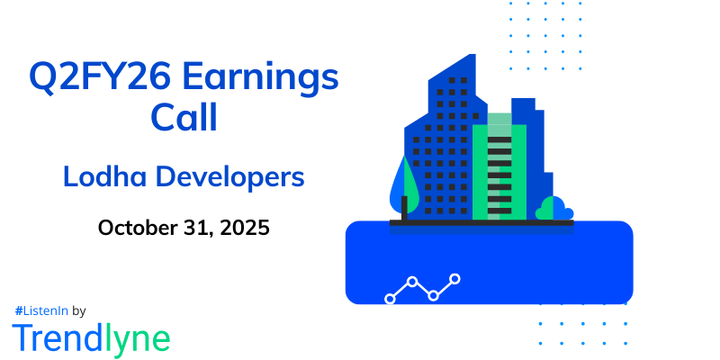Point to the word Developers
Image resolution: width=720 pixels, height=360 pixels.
coord(232,177)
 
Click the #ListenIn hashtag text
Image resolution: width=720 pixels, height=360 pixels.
coord(40,310)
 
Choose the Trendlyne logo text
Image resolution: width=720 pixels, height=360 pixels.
coord(90,337)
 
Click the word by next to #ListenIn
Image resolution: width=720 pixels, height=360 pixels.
coord(78,310)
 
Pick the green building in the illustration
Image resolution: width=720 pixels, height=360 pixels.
coord(492,171)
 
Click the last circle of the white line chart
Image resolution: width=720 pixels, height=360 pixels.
coord(455,279)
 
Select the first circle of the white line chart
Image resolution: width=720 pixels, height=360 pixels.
coord(390,298)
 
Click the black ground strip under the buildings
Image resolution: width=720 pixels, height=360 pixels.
coord(481,222)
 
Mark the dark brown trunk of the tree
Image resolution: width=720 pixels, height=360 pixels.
coord(404,209)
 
